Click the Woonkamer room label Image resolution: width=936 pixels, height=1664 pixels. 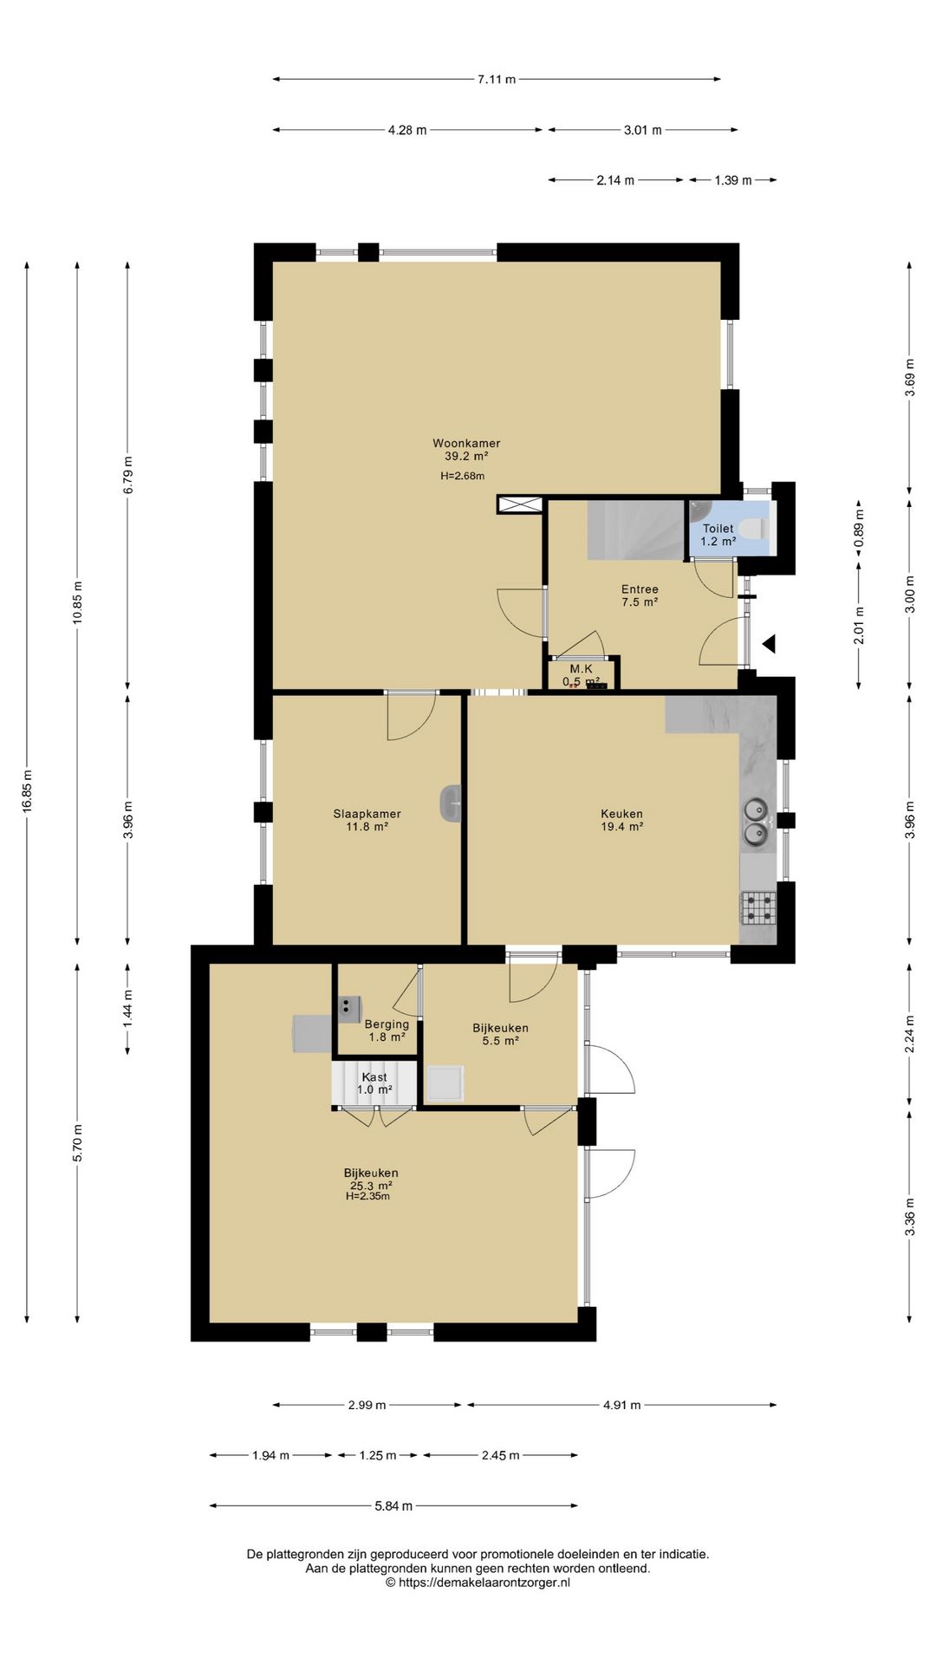(466, 443)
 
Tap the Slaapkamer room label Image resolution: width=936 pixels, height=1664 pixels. (367, 814)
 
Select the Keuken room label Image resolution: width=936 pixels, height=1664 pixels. (621, 814)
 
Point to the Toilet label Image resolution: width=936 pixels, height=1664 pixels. (718, 528)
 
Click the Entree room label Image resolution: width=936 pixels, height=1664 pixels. (640, 589)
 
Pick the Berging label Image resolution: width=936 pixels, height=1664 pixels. (387, 1024)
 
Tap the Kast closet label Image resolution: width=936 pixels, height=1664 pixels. (374, 1077)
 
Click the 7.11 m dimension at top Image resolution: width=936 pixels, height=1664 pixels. (497, 80)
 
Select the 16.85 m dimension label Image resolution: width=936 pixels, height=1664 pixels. (27, 791)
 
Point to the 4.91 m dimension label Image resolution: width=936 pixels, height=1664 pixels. (621, 1405)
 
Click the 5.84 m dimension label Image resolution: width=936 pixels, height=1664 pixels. (393, 1506)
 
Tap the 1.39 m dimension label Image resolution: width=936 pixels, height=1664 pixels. (733, 180)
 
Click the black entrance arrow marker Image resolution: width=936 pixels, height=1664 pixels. (768, 644)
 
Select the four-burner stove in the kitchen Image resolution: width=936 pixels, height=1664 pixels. (757, 907)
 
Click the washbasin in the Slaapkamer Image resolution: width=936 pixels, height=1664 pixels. (451, 803)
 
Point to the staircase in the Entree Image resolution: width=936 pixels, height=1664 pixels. (636, 530)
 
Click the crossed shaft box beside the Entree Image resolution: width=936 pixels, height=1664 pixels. (520, 504)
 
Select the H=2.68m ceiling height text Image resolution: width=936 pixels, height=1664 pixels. (462, 476)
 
